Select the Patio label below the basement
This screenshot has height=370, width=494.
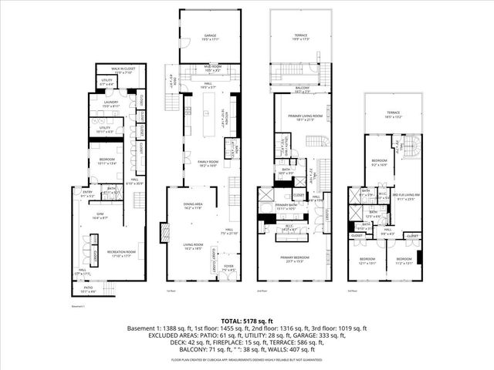(90, 289)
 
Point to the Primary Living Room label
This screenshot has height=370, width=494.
(301, 118)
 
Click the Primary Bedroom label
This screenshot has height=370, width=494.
(301, 260)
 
